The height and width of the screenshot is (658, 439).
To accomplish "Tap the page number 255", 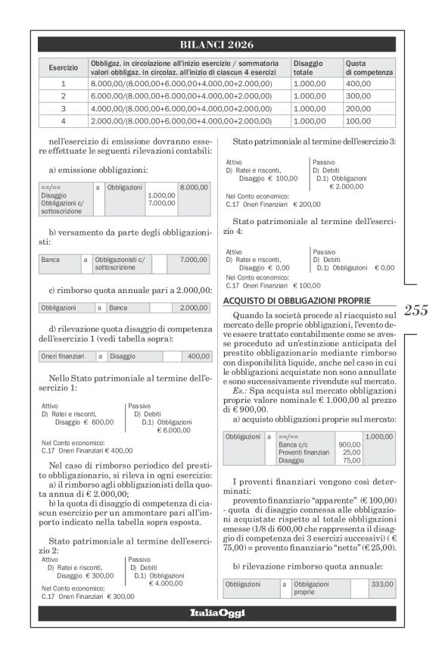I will click(416, 310).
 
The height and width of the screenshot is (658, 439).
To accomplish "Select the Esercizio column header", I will click(63, 68).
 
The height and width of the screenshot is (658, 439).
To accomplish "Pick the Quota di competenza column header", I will click(369, 68).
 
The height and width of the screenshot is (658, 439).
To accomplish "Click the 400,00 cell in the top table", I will click(358, 84).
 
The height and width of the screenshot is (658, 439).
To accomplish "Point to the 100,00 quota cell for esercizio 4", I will click(358, 120).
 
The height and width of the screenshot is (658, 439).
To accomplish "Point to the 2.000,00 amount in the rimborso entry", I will click(193, 307).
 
